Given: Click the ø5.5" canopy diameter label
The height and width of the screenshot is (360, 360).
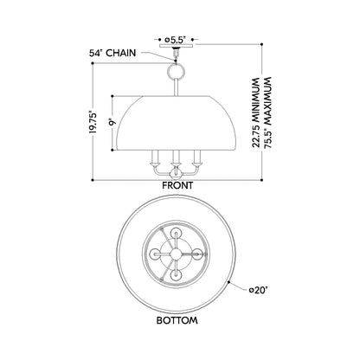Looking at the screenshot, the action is [x=175, y=40].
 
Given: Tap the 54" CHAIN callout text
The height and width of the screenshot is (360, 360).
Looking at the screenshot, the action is [x=112, y=53].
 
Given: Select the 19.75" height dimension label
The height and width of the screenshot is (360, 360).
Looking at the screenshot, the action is [x=93, y=122].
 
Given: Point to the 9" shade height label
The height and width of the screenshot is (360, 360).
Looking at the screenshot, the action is [x=112, y=123].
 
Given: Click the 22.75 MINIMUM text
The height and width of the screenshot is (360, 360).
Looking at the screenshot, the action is [x=256, y=112].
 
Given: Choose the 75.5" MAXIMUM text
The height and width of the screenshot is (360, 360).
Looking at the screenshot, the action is [x=267, y=112].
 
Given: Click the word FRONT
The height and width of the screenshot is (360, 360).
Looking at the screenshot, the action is [x=177, y=185].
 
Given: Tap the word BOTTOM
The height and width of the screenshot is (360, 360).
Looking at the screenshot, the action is [x=177, y=320].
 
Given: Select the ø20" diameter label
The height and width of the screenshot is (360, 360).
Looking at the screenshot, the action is [x=259, y=290].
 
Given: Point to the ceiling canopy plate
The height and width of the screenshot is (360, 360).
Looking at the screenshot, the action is [x=176, y=46].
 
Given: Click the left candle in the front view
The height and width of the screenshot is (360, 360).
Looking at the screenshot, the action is [x=155, y=158].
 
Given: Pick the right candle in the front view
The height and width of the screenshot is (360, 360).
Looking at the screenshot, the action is [x=197, y=158].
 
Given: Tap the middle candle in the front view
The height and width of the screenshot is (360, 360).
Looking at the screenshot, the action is [x=176, y=158].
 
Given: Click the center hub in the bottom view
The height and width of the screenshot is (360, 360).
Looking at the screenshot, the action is [x=176, y=254].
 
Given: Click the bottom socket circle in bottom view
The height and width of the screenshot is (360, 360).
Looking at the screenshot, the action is [x=176, y=275].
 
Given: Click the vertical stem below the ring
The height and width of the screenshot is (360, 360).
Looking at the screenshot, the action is [x=176, y=87].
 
